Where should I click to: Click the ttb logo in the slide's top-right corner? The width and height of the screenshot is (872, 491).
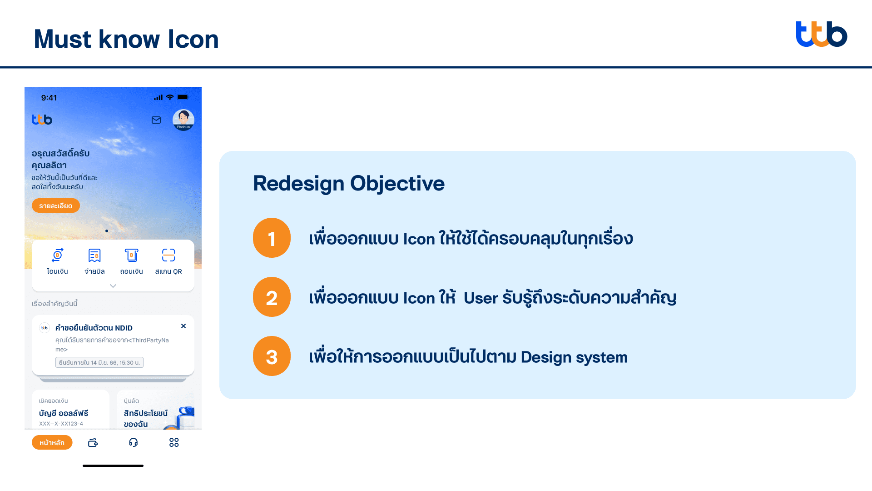coord(821,34)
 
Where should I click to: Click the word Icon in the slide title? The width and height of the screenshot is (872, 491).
coord(193,39)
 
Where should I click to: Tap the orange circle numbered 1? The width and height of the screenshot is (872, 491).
coord(272,238)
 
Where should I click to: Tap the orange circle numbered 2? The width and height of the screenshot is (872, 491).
coord(272,297)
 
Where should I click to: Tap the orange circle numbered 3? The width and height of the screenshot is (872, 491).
coord(272,356)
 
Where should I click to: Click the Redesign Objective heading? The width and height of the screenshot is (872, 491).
coord(349,184)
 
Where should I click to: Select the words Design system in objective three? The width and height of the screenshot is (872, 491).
coord(574,357)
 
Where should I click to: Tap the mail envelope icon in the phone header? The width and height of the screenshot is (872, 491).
coord(156,120)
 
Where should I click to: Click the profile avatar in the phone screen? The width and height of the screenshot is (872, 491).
coord(183,120)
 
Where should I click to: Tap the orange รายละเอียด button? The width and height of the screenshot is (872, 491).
coord(56,205)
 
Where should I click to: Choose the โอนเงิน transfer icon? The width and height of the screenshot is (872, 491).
coord(57,255)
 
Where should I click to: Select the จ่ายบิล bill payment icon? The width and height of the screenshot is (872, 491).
coord(94,255)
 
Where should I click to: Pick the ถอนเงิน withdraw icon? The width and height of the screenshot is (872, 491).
coord(132,255)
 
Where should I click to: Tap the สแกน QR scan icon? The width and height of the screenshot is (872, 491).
coord(168,255)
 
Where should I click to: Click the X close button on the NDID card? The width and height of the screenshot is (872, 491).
coord(183,326)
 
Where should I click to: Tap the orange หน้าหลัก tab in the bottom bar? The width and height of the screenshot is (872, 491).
coord(52,442)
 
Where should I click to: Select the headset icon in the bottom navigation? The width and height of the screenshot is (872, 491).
coord(133,442)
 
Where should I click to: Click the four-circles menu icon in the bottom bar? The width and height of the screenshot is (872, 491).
coord(174,442)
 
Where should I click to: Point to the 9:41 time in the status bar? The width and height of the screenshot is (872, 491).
coord(49,98)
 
